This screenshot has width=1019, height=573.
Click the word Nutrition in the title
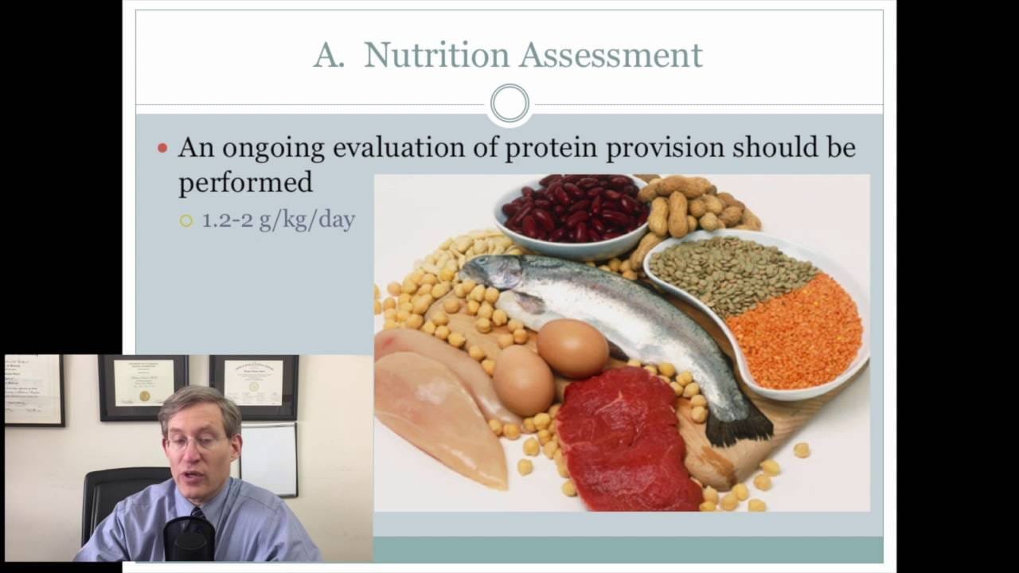pos(436,55)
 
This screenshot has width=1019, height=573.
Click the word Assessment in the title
pos(611,55)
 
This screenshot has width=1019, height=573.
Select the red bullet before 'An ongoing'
pos(162,148)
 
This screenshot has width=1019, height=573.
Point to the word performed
pos(245,182)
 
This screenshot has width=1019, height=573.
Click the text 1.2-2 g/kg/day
pos(278,220)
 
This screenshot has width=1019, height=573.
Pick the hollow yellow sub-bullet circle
pos(186,221)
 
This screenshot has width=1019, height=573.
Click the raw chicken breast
pos(439,409)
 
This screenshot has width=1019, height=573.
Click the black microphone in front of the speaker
pos(189,539)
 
